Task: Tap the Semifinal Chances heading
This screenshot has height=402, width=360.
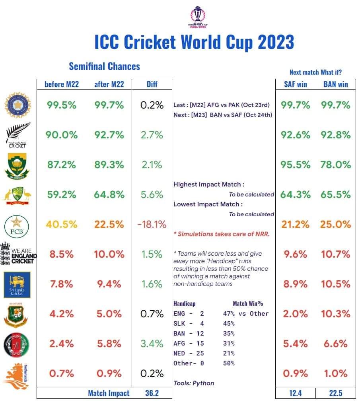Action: [104, 66]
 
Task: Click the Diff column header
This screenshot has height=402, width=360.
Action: [152, 84]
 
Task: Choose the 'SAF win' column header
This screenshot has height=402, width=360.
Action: [296, 84]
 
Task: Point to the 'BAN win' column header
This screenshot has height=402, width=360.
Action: [335, 84]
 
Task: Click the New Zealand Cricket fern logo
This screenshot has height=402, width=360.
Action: [18, 135]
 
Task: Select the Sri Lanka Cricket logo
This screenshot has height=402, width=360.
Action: [17, 285]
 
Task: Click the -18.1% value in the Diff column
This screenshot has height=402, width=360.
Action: [152, 224]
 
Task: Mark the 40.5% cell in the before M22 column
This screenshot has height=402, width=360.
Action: [61, 224]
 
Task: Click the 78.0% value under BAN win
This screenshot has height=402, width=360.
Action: [336, 165]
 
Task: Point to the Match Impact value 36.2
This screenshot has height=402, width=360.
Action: [152, 393]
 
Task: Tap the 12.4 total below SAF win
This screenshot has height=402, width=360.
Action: [296, 393]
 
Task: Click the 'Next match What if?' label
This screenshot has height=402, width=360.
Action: [315, 72]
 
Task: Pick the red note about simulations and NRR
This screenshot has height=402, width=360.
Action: [222, 234]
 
